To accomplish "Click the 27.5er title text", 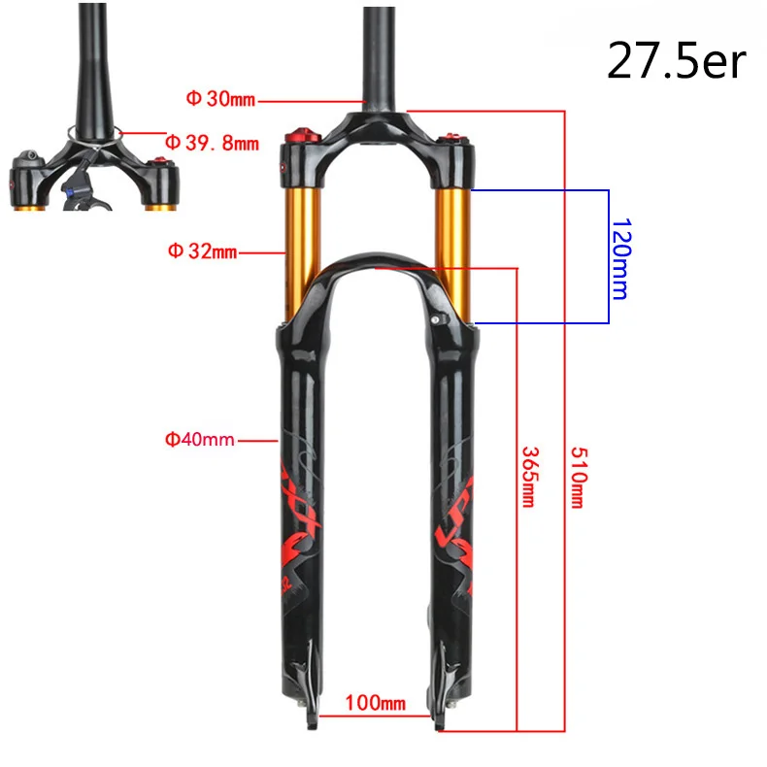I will pyautogui.click(x=676, y=60).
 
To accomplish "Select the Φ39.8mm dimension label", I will pyautogui.click(x=211, y=143).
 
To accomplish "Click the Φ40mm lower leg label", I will pyautogui.click(x=199, y=440).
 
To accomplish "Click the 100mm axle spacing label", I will pyautogui.click(x=377, y=701).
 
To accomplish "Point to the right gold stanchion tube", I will pyautogui.click(x=451, y=248).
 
